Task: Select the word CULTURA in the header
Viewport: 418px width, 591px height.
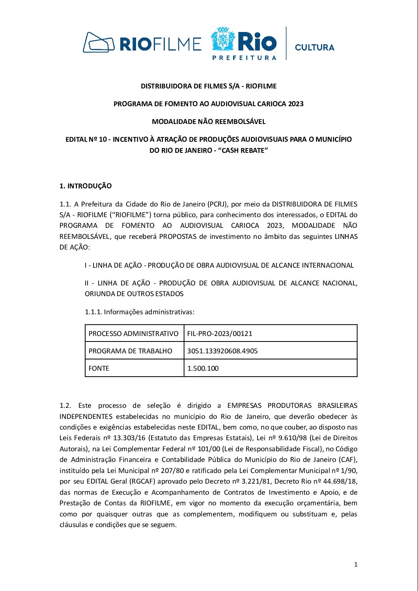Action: pos(314,47)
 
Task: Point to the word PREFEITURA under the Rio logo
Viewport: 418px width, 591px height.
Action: pos(244,58)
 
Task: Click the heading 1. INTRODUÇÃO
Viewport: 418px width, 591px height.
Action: pos(86,186)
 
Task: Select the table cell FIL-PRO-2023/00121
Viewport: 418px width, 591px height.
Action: pos(220,334)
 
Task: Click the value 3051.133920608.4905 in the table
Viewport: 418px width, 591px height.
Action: pos(222,351)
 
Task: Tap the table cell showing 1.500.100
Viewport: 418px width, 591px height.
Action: pos(203,368)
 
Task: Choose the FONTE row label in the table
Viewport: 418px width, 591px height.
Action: pos(99,368)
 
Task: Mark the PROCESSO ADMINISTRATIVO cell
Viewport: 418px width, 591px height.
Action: pos(133,334)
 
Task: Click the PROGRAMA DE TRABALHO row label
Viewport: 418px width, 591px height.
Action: pos(130,351)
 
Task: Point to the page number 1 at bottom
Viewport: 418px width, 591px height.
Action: pos(356,565)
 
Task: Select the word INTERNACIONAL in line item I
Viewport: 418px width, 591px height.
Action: pos(328,265)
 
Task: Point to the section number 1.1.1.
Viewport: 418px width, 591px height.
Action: pos(93,312)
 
